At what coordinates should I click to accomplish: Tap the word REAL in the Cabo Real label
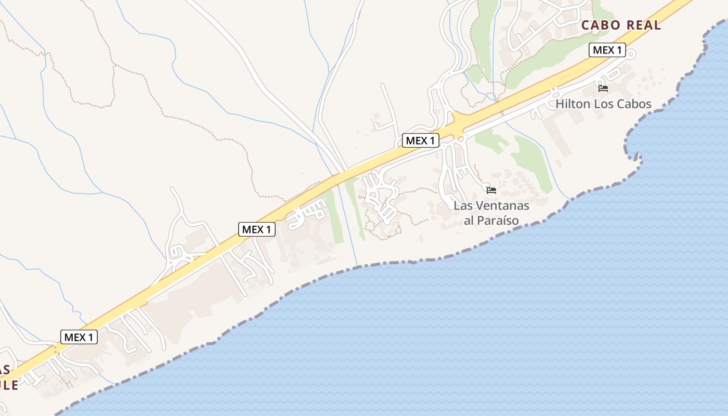coord(644,25)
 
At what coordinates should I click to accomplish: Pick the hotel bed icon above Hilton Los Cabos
coord(603,88)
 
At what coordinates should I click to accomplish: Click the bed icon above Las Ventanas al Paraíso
coord(491,190)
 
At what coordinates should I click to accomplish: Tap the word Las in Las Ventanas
coord(462,205)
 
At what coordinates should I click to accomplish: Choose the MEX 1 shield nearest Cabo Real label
coord(607,50)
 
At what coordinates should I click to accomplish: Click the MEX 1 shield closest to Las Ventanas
coord(421,140)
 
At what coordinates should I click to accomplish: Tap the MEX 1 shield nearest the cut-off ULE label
coord(79,337)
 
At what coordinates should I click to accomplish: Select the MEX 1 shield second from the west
coord(257,229)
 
